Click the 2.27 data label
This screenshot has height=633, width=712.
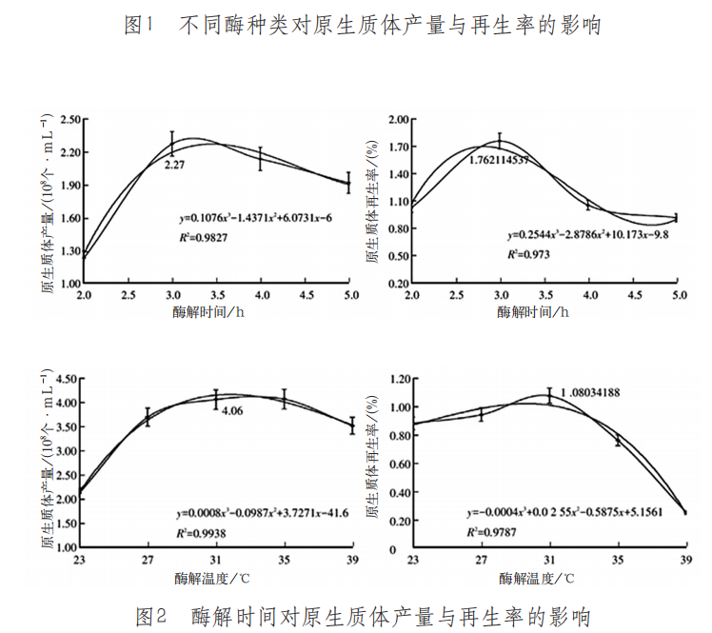174,165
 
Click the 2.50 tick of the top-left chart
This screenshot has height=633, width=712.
68,120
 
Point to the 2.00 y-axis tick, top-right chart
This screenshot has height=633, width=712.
395,120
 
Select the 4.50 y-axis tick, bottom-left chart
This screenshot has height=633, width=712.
68,379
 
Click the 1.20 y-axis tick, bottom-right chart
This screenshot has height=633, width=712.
396,379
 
